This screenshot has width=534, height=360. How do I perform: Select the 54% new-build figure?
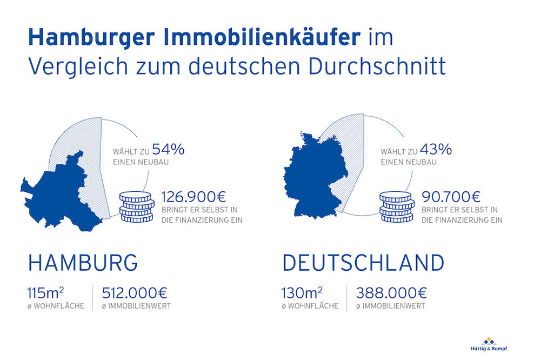coord(168,150)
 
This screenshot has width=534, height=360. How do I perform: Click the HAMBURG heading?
coord(83,263)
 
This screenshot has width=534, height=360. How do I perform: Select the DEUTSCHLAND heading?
coord(363,263)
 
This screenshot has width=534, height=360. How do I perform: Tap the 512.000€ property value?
coord(135,294)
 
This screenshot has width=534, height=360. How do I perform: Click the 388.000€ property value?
coord(391,294)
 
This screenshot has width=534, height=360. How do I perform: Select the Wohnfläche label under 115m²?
coord(56,306)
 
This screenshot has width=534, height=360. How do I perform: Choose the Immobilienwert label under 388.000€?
coord(390,306)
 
